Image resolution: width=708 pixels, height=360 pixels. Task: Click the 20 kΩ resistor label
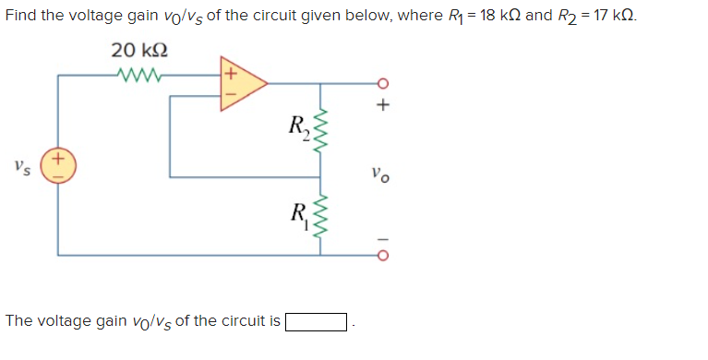click(x=139, y=50)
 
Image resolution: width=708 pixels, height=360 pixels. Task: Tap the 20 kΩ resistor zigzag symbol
click(x=139, y=75)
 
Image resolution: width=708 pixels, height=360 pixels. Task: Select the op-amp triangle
click(x=243, y=84)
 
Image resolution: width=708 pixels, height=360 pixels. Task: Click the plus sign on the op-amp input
click(x=230, y=70)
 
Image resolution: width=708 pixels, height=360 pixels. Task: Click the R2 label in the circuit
click(x=299, y=126)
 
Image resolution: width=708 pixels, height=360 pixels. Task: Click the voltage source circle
click(x=58, y=166)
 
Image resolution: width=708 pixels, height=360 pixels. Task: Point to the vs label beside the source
click(x=22, y=167)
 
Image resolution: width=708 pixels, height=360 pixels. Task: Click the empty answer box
click(x=316, y=322)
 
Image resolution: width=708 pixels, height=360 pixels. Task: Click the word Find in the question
click(x=22, y=17)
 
